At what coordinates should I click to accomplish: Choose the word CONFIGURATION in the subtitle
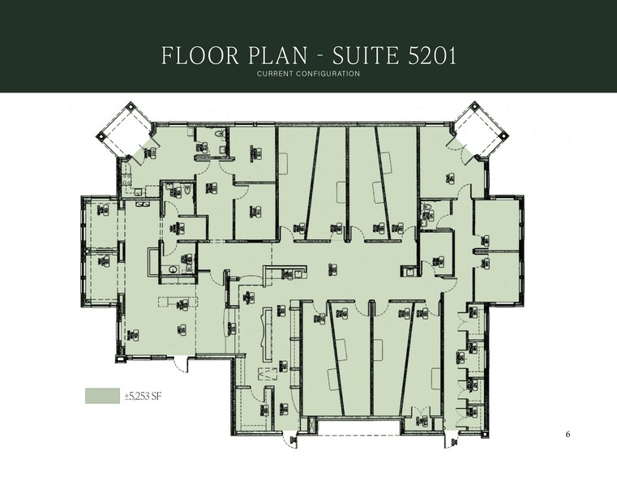pyautogui.click(x=331, y=75)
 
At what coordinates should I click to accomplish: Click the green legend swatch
pyautogui.click(x=102, y=395)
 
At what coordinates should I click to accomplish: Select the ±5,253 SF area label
pyautogui.click(x=143, y=396)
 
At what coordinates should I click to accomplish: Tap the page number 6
pyautogui.click(x=568, y=435)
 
